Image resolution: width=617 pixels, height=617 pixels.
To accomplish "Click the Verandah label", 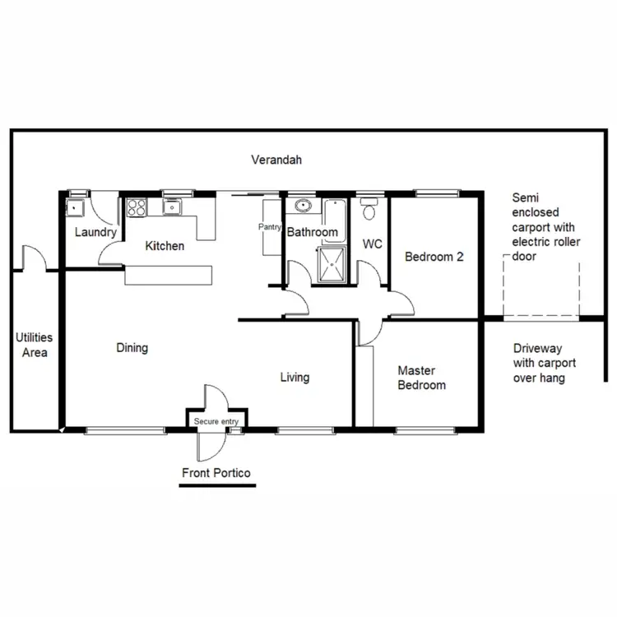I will coord(276,160).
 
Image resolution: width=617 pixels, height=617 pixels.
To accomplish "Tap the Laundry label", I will coord(95,233).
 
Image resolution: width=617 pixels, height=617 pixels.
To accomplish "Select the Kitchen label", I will coord(165,246).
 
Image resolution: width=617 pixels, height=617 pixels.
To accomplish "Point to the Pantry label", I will coord(270,227).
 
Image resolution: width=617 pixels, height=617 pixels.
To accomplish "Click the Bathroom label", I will coord(312,233).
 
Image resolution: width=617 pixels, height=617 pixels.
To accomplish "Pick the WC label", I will coord(372,244).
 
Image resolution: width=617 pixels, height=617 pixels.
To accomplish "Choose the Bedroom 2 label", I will coord(434,257).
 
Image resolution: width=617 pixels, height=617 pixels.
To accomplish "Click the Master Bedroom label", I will coord(421,378).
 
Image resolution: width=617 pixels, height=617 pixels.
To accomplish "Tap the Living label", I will coord(295,378).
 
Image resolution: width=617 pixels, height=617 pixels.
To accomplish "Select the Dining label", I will coord(132,348).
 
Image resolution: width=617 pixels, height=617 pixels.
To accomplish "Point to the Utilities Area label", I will coord(35,346).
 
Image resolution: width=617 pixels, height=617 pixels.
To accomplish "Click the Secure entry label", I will coord(216,422).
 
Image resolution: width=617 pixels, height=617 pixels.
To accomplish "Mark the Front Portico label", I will coord(216,473).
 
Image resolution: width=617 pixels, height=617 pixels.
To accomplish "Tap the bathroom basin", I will coord(302,206).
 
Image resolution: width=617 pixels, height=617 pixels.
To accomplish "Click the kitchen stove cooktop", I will coord(137,207).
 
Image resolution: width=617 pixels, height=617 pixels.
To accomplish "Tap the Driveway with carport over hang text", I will coord(544,363).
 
